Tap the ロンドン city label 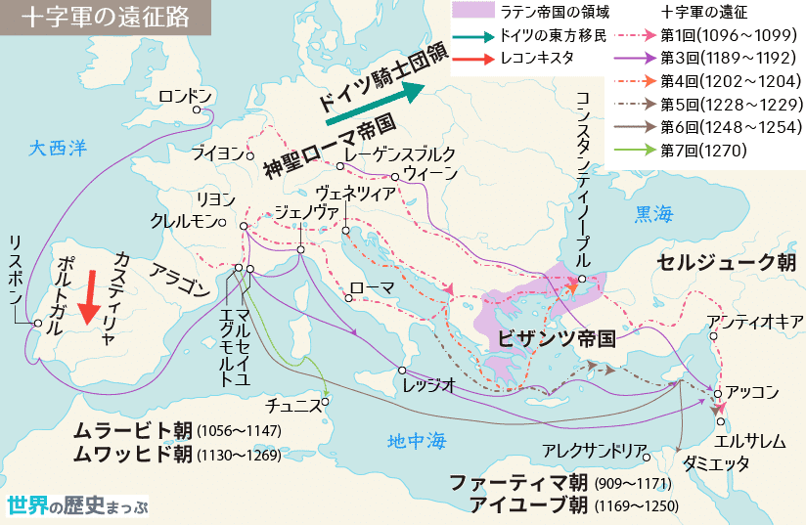coord(185,96)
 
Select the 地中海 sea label coord(416,441)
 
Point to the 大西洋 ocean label coord(58,149)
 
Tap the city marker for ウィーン coord(395,176)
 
